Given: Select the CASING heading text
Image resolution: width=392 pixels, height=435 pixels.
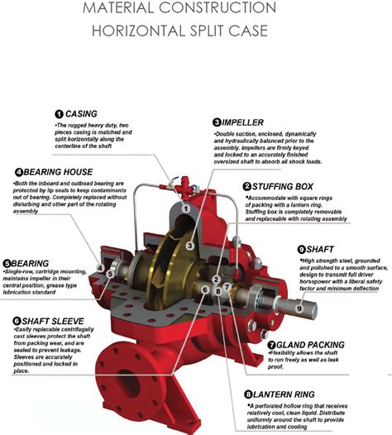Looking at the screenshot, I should (81, 113).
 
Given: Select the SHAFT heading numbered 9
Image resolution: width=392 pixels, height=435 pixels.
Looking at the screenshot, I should (323, 248).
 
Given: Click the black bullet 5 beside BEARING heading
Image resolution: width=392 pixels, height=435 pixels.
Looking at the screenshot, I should (7, 263).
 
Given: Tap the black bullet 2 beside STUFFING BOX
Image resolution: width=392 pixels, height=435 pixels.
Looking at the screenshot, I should (246, 187).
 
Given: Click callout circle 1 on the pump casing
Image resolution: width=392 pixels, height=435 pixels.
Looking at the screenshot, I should (187, 209).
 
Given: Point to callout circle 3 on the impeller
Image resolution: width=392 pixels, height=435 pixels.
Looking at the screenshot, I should (189, 246).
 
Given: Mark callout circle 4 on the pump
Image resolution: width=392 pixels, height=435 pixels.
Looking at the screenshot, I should (100, 268).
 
